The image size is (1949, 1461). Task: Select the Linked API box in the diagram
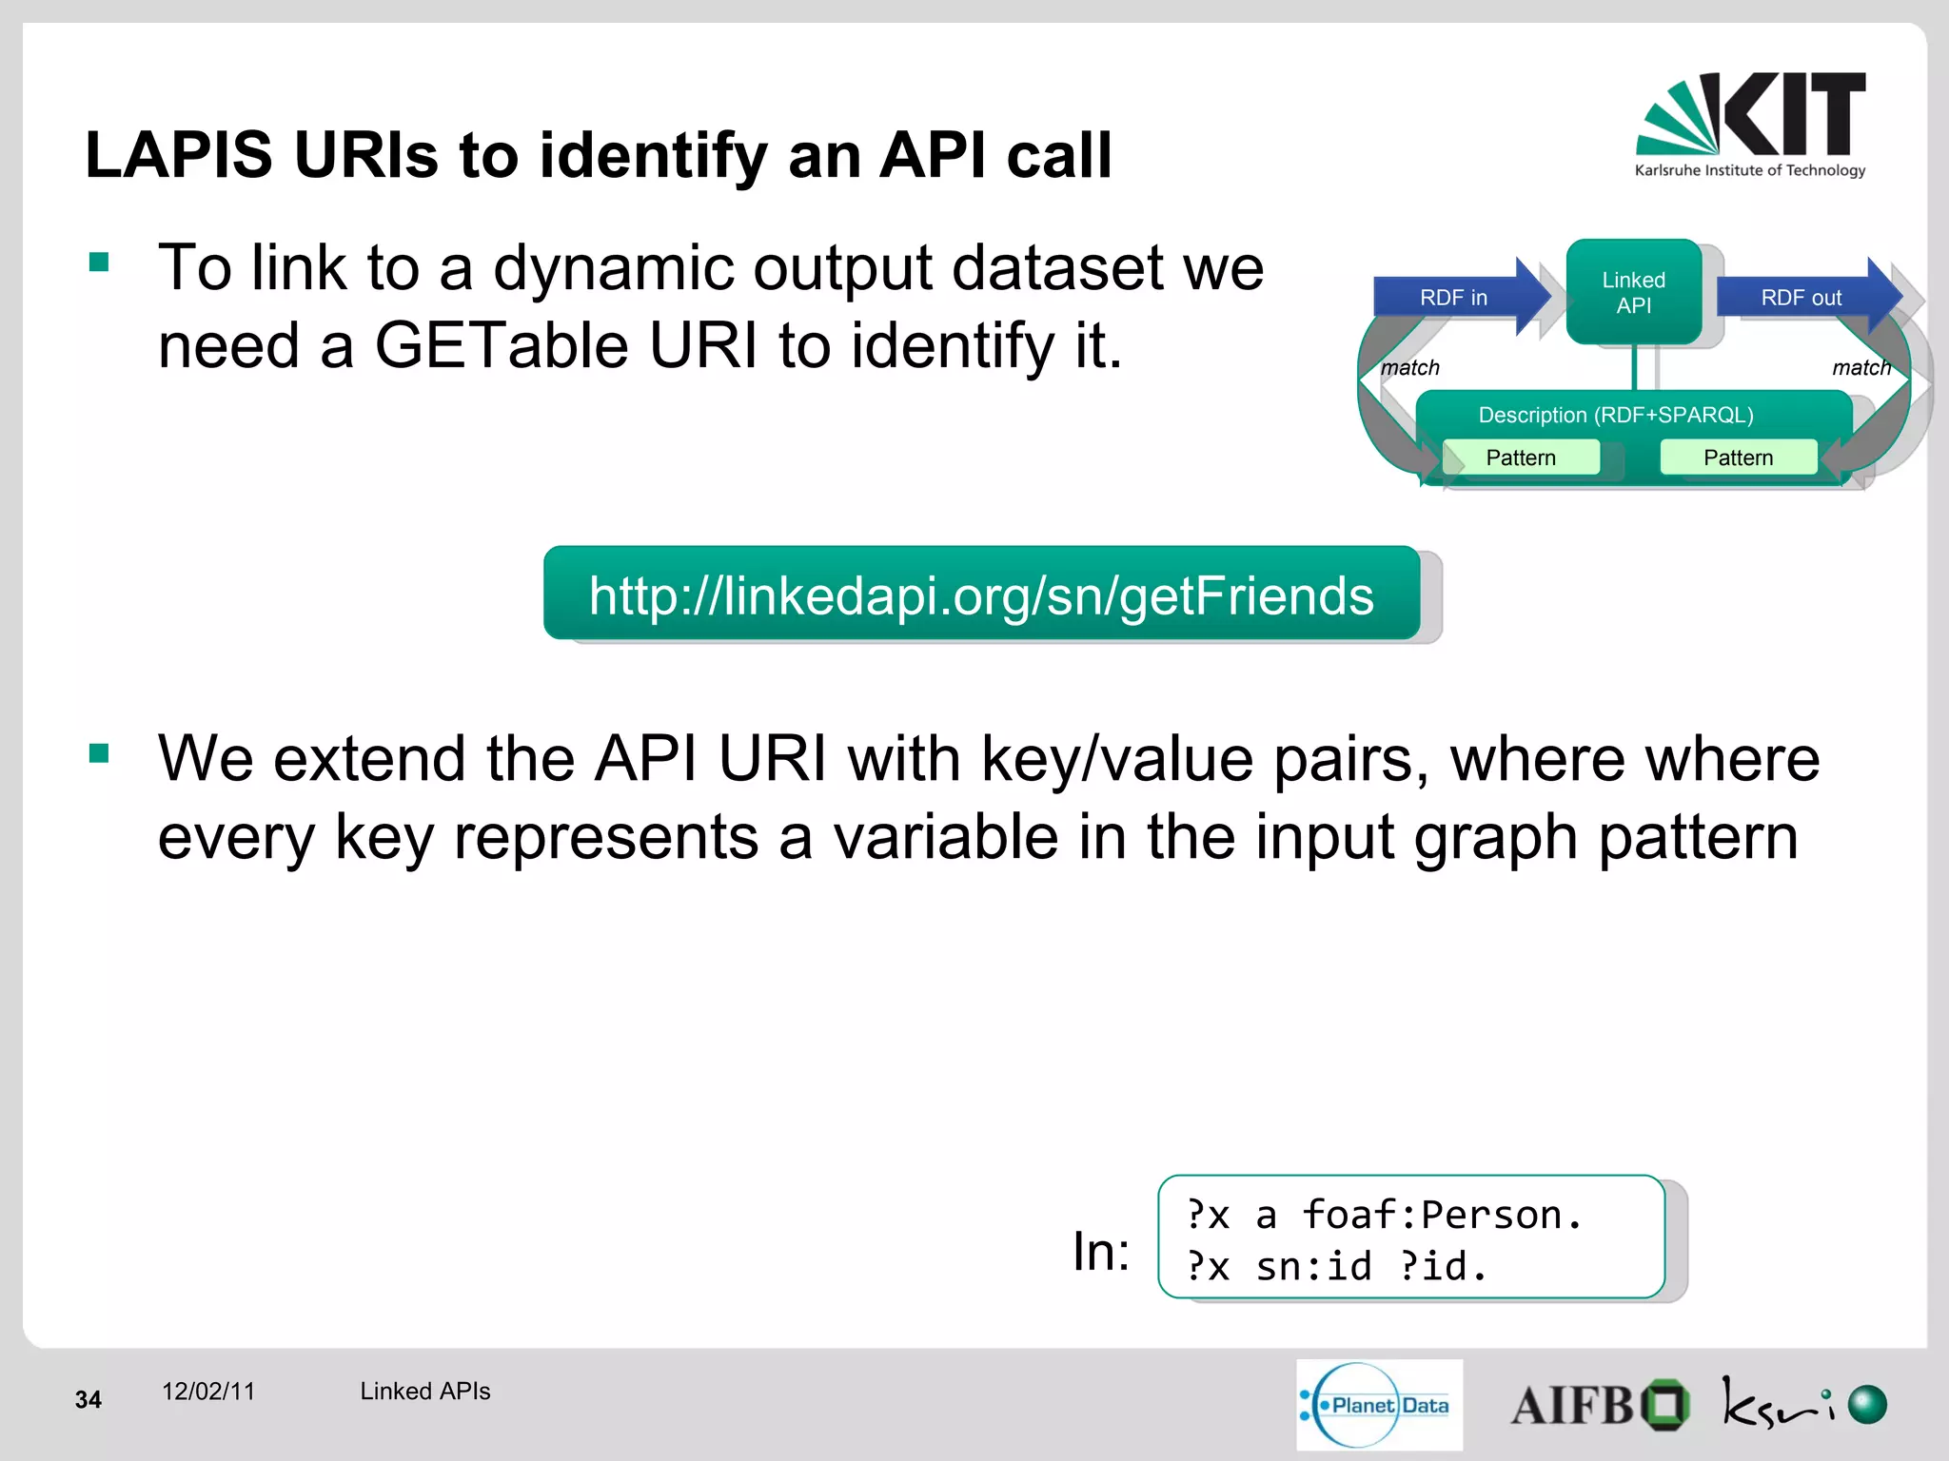(x=1633, y=293)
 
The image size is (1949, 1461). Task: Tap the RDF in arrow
(x=1454, y=298)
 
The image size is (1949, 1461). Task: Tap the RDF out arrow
(x=1801, y=298)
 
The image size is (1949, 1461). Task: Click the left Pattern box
(x=1521, y=458)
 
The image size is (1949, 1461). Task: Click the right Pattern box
(x=1738, y=458)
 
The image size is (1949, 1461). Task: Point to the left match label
(x=1410, y=368)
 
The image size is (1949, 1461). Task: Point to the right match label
(x=1860, y=368)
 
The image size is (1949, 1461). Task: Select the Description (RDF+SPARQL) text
(x=1616, y=416)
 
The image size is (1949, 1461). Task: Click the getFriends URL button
(x=981, y=595)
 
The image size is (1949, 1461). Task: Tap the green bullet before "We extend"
(x=99, y=754)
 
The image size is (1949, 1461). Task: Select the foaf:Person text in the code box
(x=1440, y=1216)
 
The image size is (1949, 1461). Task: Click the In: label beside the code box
(x=1101, y=1252)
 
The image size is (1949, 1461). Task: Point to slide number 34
(x=88, y=1400)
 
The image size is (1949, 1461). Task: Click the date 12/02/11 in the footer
(x=208, y=1392)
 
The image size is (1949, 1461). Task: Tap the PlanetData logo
(x=1379, y=1405)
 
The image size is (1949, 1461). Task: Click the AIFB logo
(x=1599, y=1406)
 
